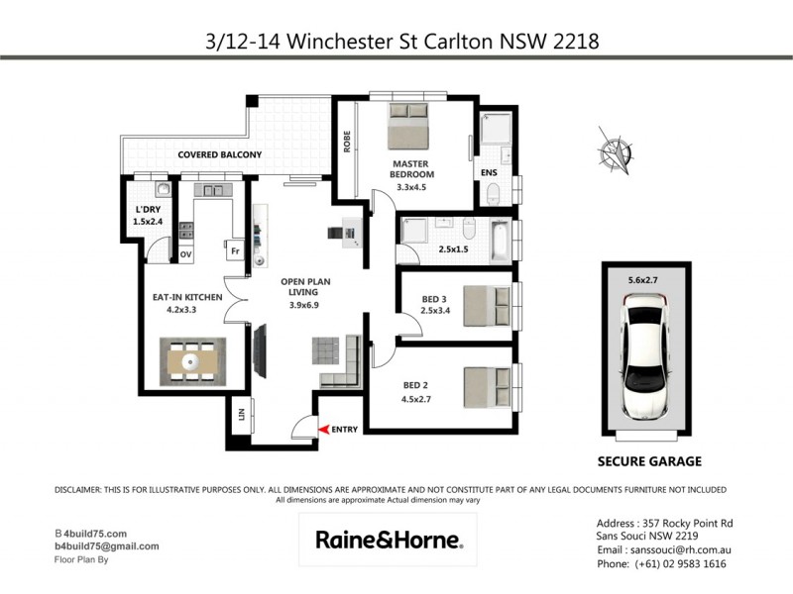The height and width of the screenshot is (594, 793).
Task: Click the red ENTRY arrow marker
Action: coord(323,429)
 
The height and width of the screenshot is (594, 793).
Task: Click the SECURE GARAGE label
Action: coord(649,461)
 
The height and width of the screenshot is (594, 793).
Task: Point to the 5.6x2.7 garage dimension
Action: coord(642,280)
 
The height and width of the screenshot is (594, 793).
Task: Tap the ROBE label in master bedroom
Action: coord(347,143)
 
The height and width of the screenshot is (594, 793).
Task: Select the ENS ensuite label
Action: coord(488,172)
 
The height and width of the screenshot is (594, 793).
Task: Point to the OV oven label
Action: coord(185,254)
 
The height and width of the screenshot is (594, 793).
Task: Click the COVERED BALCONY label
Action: coord(219,154)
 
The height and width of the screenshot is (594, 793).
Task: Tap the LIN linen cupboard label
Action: coord(240,417)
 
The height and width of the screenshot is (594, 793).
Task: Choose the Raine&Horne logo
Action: coord(388,540)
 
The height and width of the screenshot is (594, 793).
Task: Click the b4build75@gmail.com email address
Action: coord(106,545)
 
